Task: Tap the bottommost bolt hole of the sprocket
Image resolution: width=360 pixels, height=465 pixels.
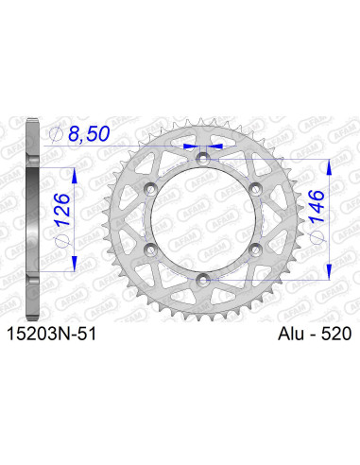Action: tap(203, 279)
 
